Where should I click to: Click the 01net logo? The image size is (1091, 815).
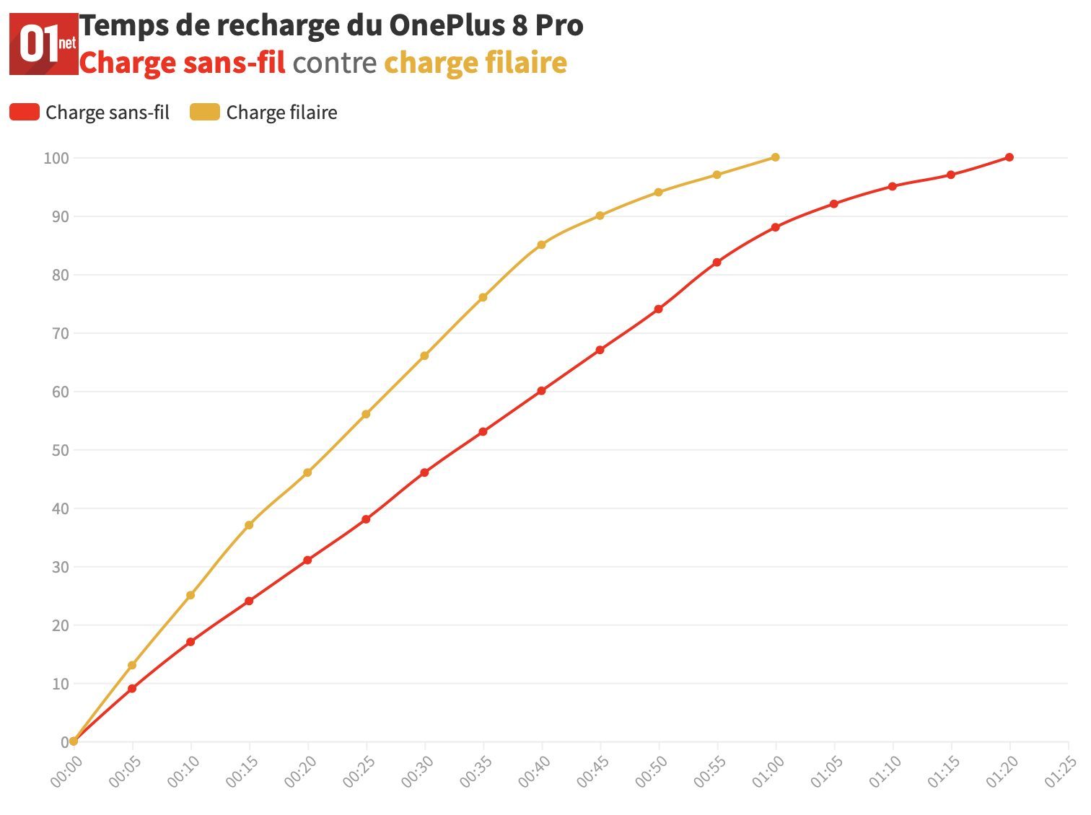[43, 43]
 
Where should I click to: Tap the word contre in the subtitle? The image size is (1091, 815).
[334, 63]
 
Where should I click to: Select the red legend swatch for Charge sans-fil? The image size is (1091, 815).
[25, 113]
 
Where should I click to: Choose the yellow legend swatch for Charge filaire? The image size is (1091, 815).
[205, 113]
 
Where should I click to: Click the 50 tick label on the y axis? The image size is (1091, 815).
[60, 450]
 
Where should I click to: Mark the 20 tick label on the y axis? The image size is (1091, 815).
[60, 625]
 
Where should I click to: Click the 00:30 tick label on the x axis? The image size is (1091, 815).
[417, 772]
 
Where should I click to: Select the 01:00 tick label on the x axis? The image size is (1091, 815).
[768, 772]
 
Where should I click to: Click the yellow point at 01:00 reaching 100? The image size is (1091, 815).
[776, 157]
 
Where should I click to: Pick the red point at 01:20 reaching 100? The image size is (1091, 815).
[1009, 157]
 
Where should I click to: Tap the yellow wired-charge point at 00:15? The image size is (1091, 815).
[249, 525]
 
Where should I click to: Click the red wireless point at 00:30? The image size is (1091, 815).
[424, 472]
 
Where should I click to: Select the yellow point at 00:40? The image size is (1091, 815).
[541, 244]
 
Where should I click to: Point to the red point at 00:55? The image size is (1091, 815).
[717, 263]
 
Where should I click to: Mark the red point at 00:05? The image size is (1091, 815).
[132, 689]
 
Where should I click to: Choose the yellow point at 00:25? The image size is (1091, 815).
[366, 414]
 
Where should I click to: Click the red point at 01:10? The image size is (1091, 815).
[893, 186]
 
